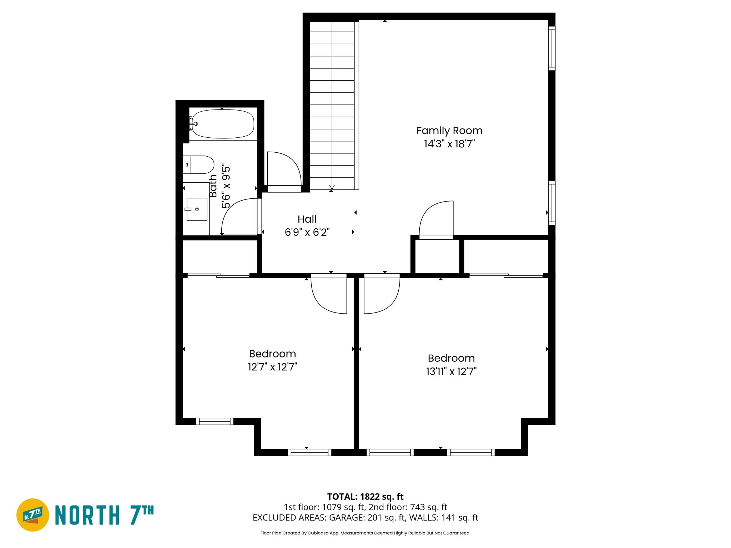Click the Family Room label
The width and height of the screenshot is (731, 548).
tap(449, 131)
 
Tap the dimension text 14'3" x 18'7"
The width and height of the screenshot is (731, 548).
tap(449, 144)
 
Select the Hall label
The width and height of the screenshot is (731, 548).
tap(307, 219)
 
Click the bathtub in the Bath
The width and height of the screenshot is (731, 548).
tap(223, 124)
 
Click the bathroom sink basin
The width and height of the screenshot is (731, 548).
tap(197, 209)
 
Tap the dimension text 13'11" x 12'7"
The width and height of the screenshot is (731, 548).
tap(451, 371)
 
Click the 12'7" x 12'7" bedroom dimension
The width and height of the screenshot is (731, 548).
tap(272, 367)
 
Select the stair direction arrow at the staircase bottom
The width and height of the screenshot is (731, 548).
tap(332, 187)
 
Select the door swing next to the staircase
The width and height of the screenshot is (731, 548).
tap(286, 168)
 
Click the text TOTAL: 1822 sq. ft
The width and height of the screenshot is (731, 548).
tap(365, 497)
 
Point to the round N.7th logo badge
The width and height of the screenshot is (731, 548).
tap(33, 515)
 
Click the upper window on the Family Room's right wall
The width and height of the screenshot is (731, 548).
tap(551, 48)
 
